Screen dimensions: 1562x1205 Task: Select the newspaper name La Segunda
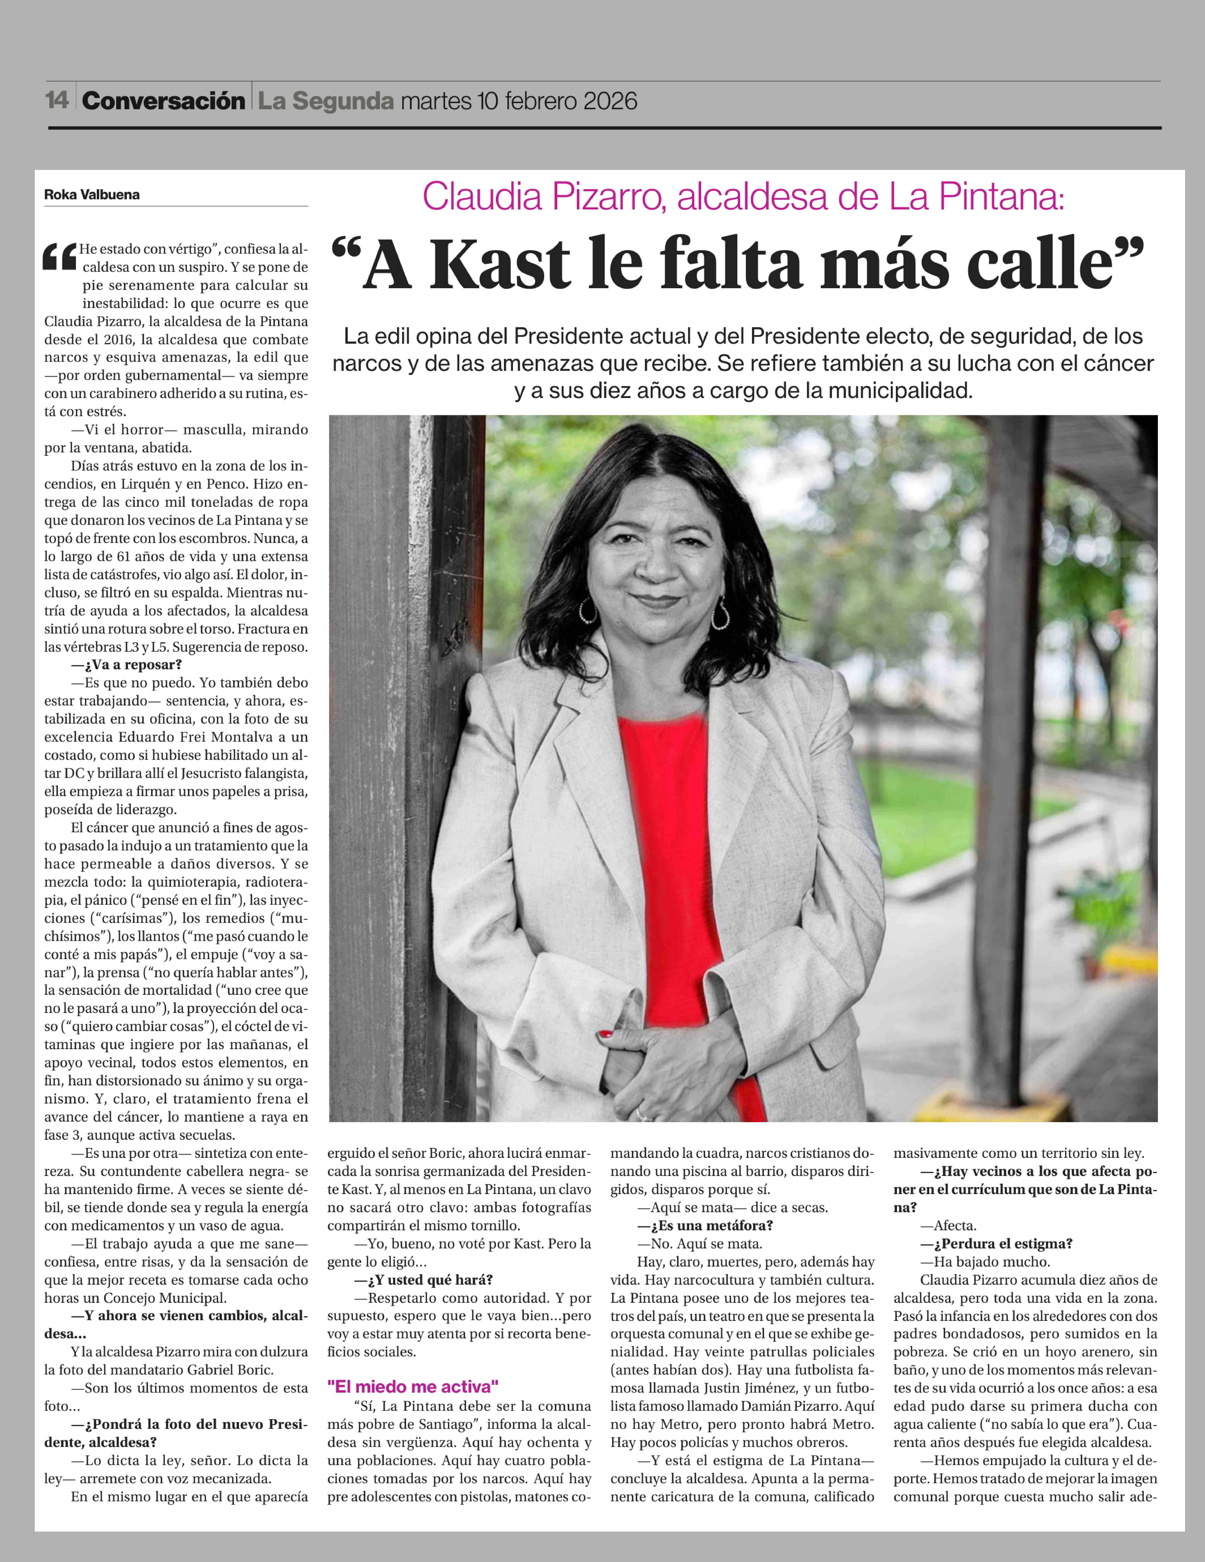coord(326,101)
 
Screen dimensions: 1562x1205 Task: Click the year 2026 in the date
coord(610,101)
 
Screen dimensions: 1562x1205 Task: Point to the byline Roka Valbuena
coord(92,195)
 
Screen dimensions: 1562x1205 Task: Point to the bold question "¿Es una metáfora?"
coord(705,1225)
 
